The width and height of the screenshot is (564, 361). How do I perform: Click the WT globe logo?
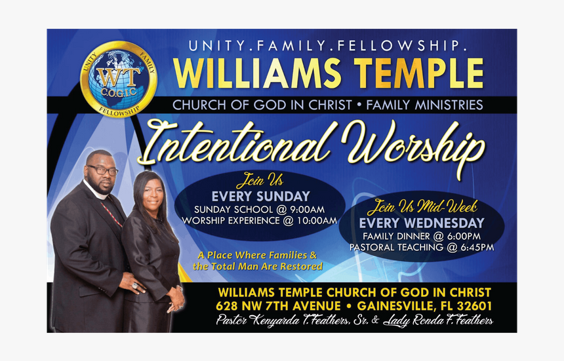(119, 79)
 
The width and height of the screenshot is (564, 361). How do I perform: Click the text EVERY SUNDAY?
(260, 196)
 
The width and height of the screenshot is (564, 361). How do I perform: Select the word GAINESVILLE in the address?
(395, 306)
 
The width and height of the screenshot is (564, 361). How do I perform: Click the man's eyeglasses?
(102, 170)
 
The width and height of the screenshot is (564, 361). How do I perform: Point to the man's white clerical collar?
(96, 191)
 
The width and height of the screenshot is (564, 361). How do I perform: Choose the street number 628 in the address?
(227, 306)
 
